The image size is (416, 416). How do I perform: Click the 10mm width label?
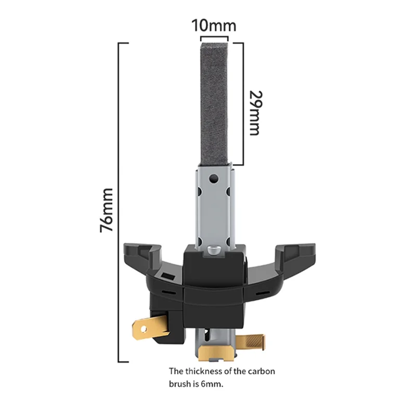[x=214, y=25]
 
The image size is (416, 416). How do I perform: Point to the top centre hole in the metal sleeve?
[x=213, y=179]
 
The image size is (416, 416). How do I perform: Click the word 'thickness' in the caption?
[x=207, y=371]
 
